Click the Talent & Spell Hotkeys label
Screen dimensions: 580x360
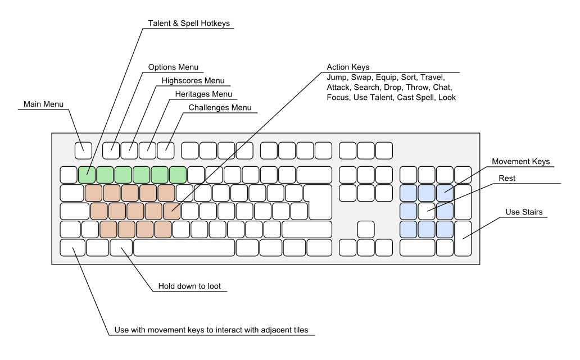189,23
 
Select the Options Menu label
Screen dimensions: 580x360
173,67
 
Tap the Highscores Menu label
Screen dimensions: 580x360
193,80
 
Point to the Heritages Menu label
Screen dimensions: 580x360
203,94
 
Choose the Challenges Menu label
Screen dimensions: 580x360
220,108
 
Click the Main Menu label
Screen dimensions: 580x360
43,104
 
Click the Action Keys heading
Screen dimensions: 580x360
348,67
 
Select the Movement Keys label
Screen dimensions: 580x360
520,162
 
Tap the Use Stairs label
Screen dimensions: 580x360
524,212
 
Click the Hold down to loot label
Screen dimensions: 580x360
189,286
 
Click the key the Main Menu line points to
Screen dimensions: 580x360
83,151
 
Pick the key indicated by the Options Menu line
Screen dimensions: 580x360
111,151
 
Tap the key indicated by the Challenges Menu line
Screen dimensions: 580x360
166,151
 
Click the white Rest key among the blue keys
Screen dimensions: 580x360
427,211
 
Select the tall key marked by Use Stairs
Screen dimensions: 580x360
463,238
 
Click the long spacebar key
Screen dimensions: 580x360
184,248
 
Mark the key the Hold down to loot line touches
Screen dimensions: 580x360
121,248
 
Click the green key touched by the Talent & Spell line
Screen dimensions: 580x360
87,175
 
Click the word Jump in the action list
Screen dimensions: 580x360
337,78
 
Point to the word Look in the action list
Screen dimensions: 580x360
447,98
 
